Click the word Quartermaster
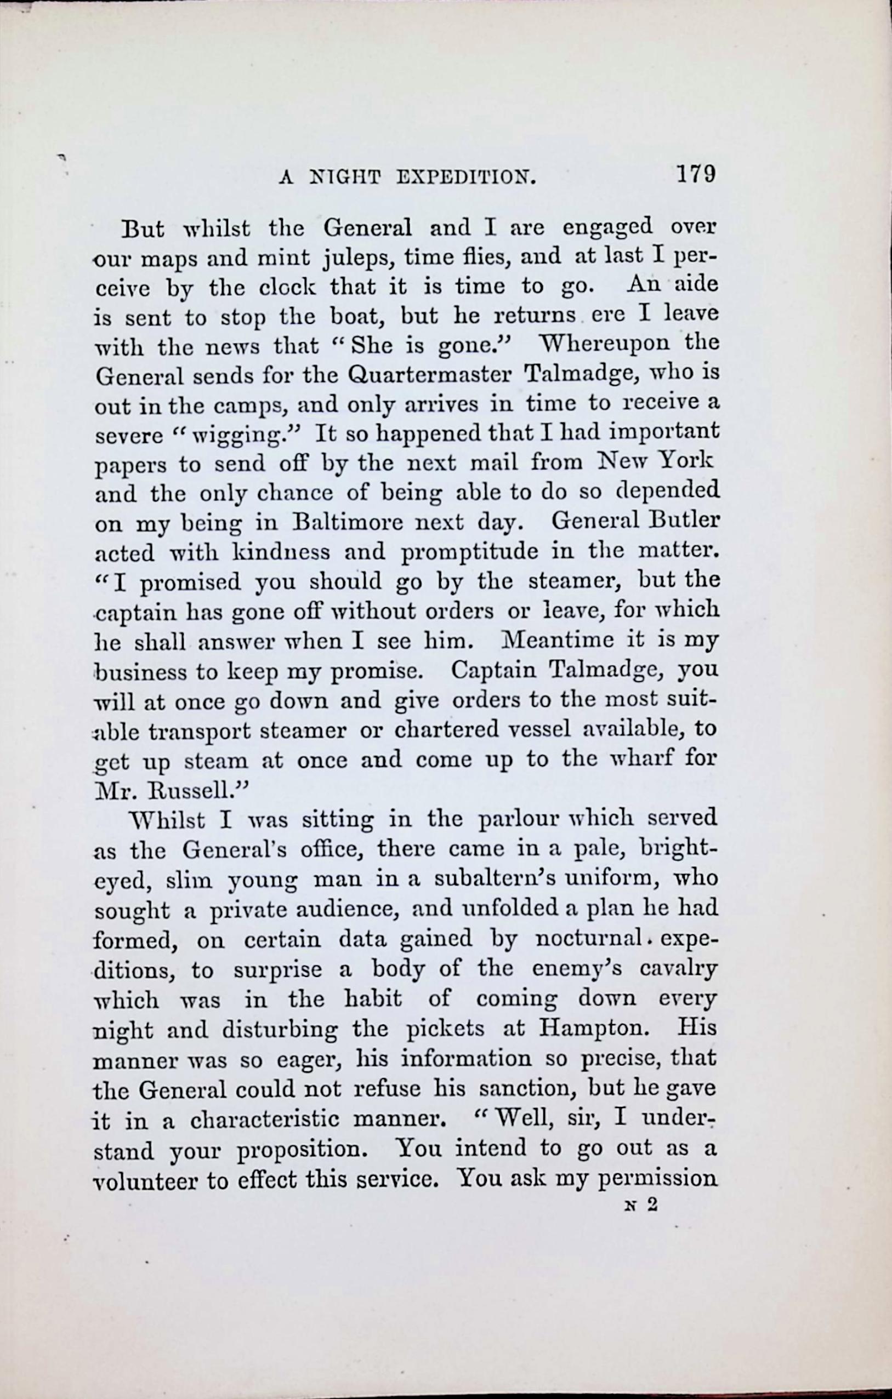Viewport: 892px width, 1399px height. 429,376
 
